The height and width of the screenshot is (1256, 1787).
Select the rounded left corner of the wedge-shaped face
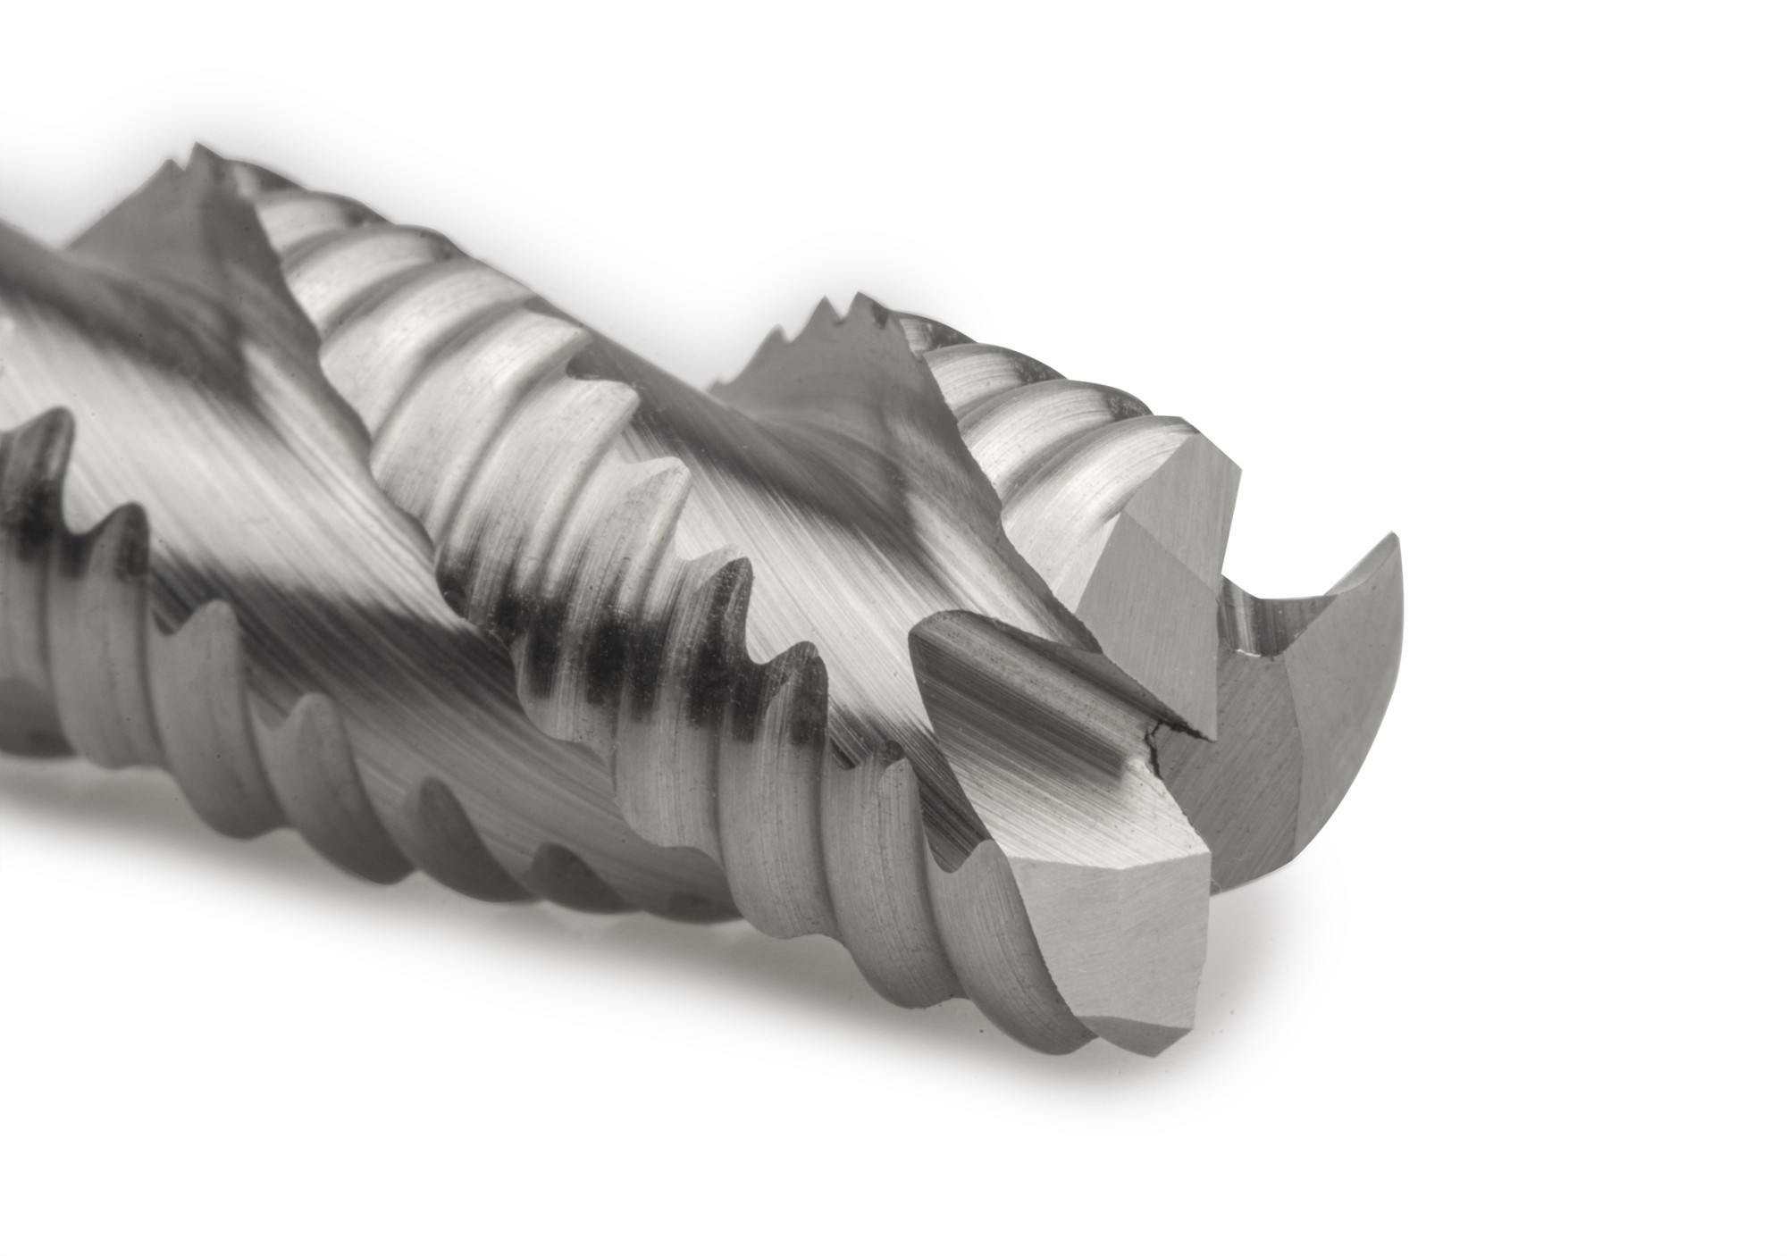920,639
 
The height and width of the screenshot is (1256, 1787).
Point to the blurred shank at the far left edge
13,268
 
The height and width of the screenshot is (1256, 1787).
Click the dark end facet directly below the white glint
1251,741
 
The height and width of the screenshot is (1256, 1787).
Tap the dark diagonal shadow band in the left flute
295,607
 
